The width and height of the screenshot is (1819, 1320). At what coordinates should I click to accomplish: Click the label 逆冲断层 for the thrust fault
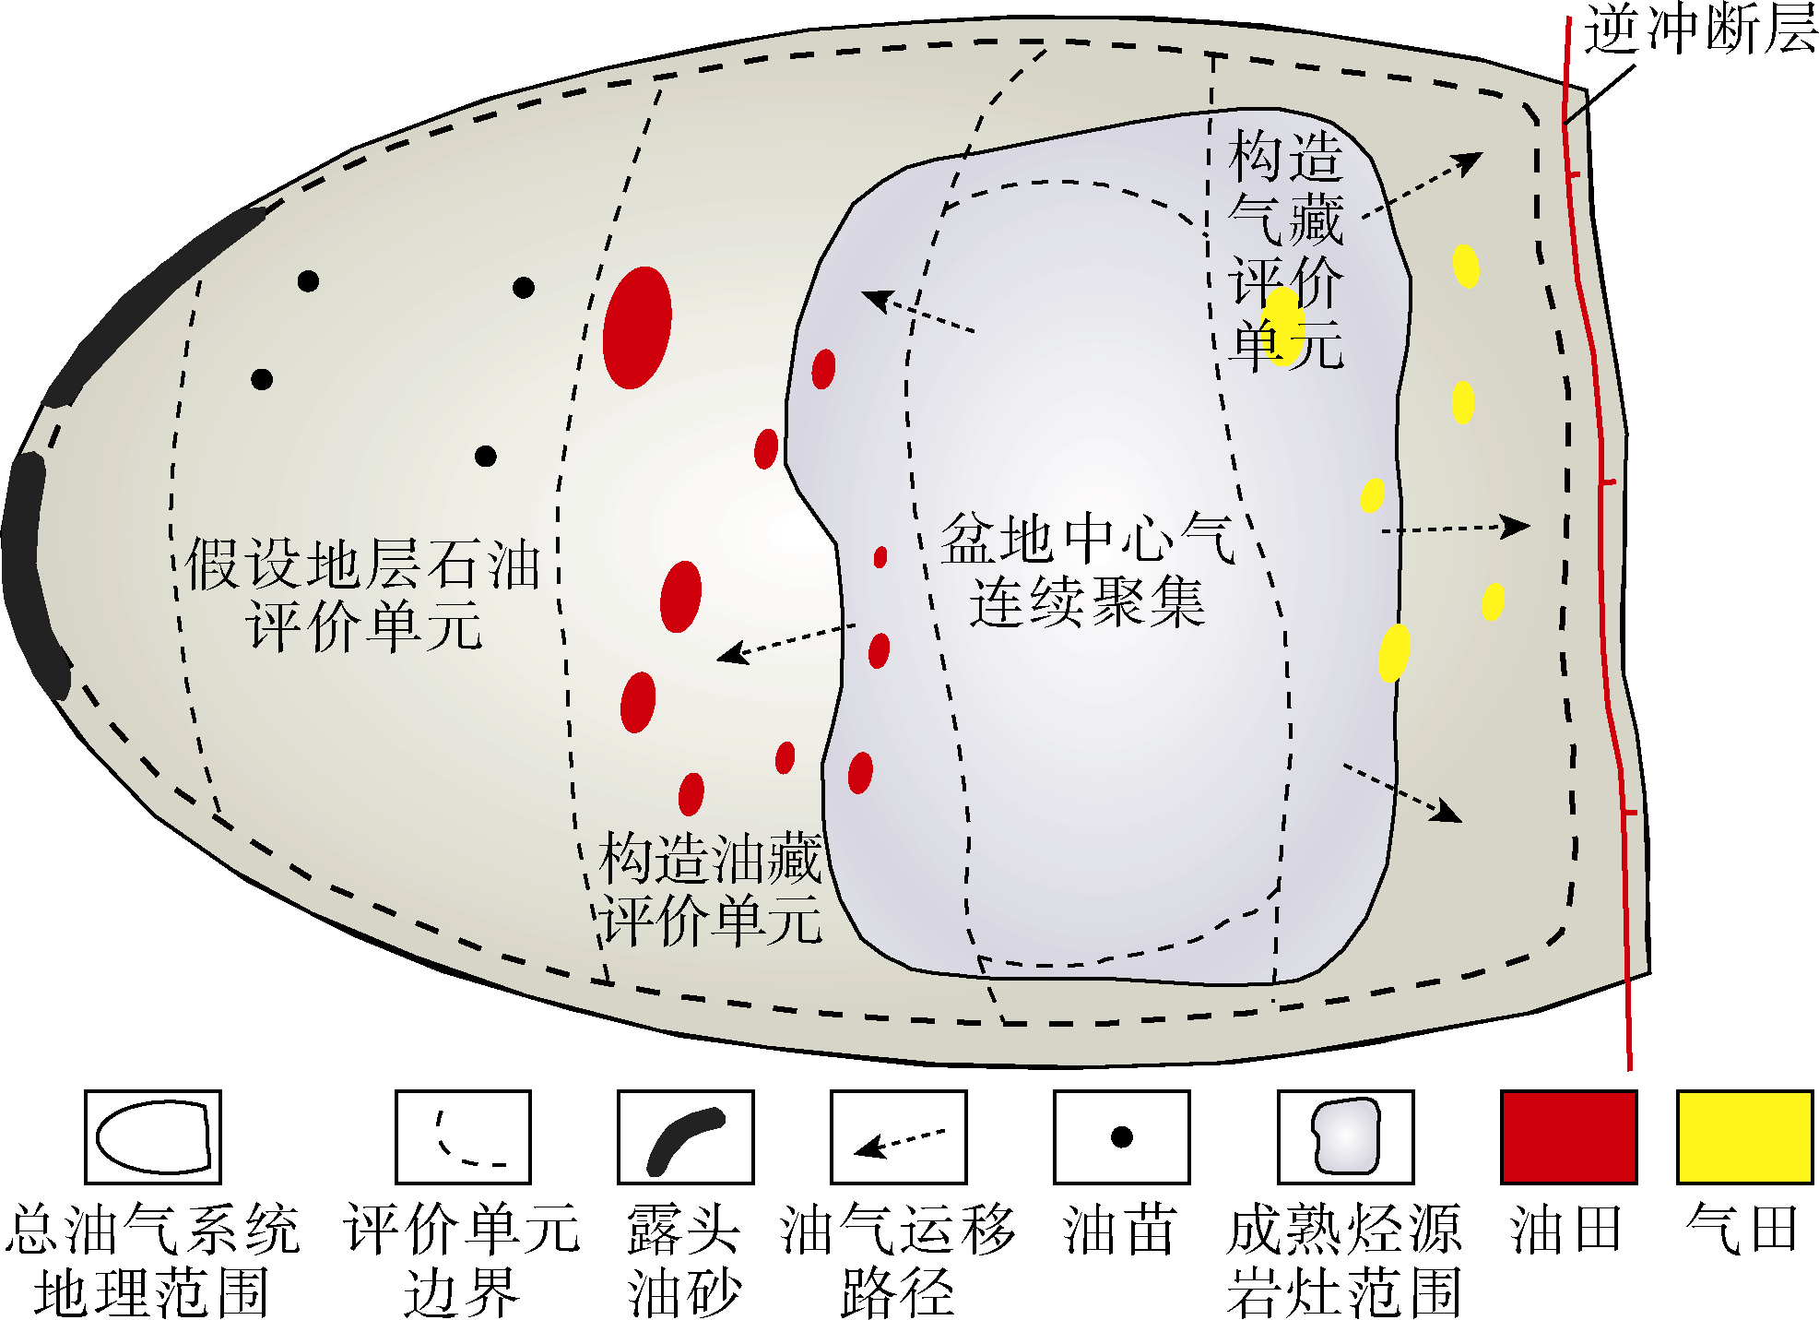tap(1699, 30)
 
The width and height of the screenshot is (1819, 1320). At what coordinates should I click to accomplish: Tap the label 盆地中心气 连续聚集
tap(1087, 570)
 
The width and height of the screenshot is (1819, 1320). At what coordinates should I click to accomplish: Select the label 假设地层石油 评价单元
tap(362, 595)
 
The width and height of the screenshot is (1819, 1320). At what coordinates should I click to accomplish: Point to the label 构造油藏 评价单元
tap(710, 889)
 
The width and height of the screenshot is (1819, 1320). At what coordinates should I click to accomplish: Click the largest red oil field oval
tap(637, 327)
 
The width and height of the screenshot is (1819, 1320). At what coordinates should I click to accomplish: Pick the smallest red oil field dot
tap(880, 557)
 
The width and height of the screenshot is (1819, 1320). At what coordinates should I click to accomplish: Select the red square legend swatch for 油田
tap(1568, 1136)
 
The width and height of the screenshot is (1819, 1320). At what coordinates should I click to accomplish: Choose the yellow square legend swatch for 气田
tap(1744, 1136)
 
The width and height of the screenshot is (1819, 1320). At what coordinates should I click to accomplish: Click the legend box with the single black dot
tap(1121, 1136)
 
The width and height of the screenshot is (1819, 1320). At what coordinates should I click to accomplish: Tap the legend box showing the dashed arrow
tap(898, 1136)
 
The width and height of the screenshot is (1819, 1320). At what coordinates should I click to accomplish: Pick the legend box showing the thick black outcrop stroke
tap(685, 1136)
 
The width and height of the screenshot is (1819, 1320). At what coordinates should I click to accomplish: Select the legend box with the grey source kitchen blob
tap(1345, 1136)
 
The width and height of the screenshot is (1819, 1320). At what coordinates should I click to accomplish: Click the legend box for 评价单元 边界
tap(463, 1136)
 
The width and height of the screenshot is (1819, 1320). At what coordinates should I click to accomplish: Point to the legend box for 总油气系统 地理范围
tap(153, 1136)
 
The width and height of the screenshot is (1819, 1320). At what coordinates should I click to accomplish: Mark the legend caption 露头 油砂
tap(684, 1260)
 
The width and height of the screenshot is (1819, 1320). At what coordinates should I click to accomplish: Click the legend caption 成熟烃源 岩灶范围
tap(1344, 1260)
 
